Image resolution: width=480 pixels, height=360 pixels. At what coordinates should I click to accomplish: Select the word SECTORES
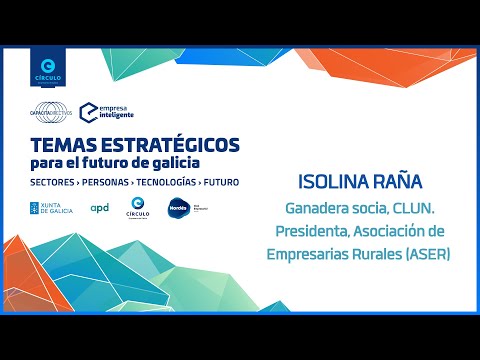pos(56,182)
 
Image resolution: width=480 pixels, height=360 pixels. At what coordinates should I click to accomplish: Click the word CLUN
pos(418,211)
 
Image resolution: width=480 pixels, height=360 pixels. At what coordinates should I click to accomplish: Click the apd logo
pos(99,208)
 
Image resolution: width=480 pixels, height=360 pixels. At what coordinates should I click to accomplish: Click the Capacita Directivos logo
pos(51,113)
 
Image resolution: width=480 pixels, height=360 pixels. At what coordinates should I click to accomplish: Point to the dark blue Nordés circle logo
pos(176,208)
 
